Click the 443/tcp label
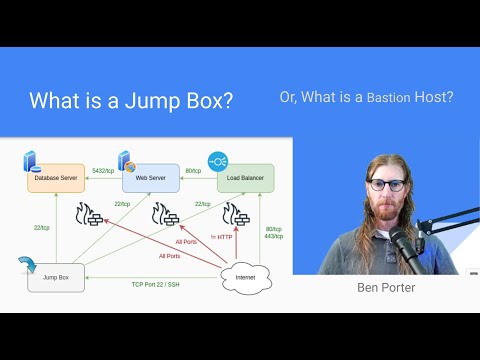click(x=274, y=237)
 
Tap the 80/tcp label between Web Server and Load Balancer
click(x=193, y=171)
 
